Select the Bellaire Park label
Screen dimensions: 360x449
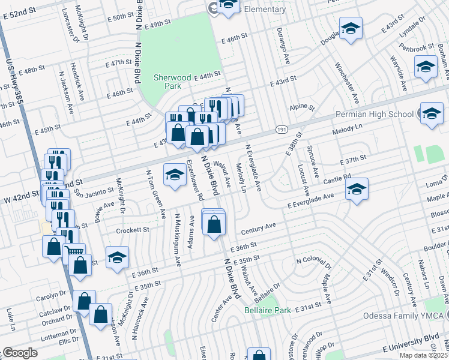267,310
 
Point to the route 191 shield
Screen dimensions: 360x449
282,129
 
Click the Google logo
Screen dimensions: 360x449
19,353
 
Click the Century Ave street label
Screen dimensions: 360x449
258,228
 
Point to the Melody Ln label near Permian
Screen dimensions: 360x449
351,130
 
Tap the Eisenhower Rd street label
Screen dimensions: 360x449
194,179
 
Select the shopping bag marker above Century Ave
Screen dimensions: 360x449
214,224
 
